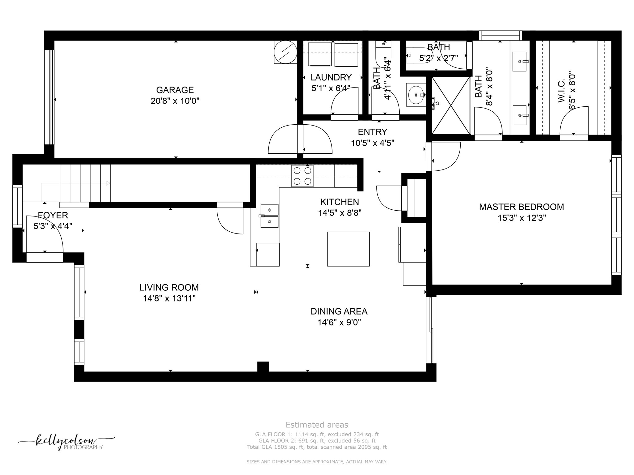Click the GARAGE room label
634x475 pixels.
click(175, 90)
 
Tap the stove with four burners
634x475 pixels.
click(302, 176)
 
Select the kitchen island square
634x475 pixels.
click(348, 249)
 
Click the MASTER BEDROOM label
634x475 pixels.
click(521, 207)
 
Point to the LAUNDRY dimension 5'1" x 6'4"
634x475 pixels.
click(331, 88)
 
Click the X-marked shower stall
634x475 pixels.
click(451, 105)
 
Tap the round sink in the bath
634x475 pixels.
click(415, 95)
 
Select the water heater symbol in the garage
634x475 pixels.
click(285, 52)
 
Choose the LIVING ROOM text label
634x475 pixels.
click(169, 288)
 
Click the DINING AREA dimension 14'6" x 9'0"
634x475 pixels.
click(339, 323)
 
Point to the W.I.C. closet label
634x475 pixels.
click(562, 90)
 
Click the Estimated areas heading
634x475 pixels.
click(317, 425)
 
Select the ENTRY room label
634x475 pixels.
click(372, 132)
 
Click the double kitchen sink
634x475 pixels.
click(269, 216)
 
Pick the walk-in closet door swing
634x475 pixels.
click(573, 121)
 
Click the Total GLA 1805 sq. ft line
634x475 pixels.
click(317, 447)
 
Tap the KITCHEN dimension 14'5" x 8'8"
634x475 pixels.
click(340, 213)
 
